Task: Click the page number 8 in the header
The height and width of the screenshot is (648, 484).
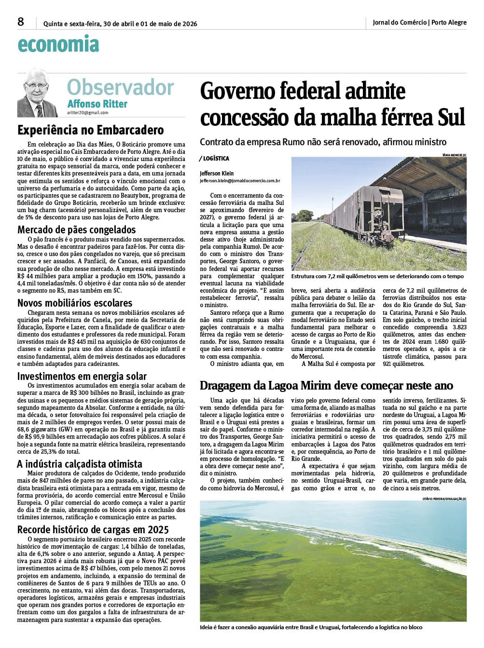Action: (x=21, y=22)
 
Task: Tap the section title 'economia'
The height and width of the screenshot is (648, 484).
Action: (x=58, y=44)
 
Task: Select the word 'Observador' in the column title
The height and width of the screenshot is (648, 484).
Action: (x=120, y=87)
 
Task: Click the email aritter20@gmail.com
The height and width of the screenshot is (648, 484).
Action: (x=88, y=113)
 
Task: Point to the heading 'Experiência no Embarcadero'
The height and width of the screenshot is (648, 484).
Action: (x=91, y=130)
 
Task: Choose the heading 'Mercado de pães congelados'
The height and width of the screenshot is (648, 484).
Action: (x=77, y=229)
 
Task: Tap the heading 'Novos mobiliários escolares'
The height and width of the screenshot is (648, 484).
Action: (x=75, y=303)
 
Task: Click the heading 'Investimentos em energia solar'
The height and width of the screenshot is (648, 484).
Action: (x=82, y=376)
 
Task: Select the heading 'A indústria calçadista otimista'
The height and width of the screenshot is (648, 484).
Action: (x=80, y=464)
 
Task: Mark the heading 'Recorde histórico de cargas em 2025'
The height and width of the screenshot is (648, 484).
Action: (x=93, y=529)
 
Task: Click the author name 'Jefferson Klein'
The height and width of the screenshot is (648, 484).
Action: (x=217, y=173)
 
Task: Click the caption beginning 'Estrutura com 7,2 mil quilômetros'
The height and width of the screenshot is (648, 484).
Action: (x=377, y=276)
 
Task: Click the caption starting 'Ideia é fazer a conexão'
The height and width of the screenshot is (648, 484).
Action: (x=311, y=627)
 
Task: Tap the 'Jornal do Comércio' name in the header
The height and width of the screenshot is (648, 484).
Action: (x=400, y=22)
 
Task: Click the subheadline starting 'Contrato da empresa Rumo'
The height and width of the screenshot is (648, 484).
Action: (x=323, y=142)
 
